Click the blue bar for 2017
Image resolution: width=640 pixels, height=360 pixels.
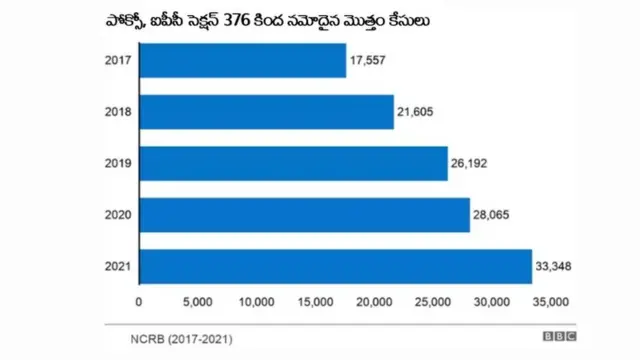pos(242,61)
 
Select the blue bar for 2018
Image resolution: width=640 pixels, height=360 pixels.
pos(266,112)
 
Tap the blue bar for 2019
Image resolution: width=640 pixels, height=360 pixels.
pos(293,163)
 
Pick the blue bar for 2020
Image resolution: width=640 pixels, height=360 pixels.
pos(304,215)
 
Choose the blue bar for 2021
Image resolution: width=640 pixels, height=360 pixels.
pos(335,266)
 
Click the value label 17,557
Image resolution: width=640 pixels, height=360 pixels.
pos(370,61)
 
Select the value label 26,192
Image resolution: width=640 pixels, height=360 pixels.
pos(472,163)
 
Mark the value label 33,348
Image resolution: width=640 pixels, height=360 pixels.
pos(557,266)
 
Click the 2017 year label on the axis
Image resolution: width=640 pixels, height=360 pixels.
pos(118,61)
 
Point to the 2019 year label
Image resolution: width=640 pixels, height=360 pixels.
pos(118,163)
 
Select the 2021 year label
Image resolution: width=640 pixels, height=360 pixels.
pos(118,266)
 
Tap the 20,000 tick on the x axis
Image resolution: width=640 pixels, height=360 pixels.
pos(374,301)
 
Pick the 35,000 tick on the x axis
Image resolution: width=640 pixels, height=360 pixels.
pos(549,301)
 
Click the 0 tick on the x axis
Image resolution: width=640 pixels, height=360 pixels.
pos(139,301)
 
